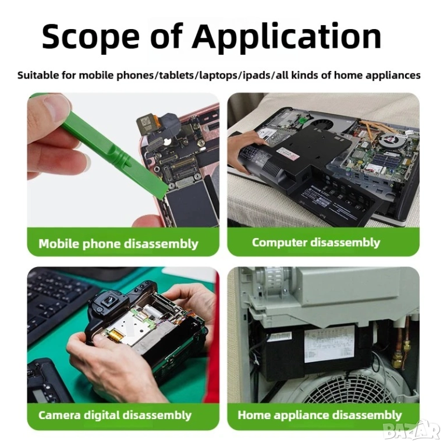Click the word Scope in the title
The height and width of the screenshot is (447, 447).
(x=91, y=37)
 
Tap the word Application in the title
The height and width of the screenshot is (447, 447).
(x=286, y=37)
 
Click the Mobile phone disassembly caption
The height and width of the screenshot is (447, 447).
(x=118, y=244)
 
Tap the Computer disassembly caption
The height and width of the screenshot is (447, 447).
(x=316, y=243)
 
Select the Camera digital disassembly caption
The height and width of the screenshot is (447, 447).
(x=115, y=415)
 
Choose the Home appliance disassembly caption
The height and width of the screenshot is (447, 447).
(x=320, y=415)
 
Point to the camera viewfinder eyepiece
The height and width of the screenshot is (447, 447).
(x=108, y=301)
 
